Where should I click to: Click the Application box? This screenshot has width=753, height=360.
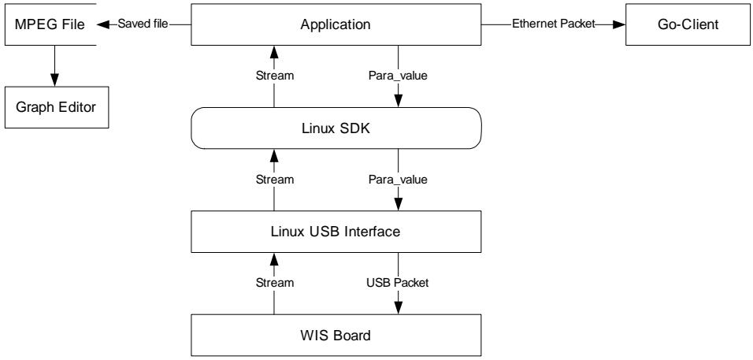pyautogui.click(x=336, y=24)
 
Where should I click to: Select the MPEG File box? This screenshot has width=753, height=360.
pyautogui.click(x=50, y=24)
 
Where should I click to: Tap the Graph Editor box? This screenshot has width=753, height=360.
pyautogui.click(x=56, y=107)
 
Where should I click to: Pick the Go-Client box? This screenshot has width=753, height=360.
pyautogui.click(x=688, y=24)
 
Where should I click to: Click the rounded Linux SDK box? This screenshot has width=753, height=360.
pyautogui.click(x=336, y=128)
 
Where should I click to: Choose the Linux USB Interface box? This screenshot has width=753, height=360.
pyautogui.click(x=336, y=232)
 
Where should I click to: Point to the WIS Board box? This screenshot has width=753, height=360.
pyautogui.click(x=336, y=335)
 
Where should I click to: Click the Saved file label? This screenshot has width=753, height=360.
pyautogui.click(x=143, y=24)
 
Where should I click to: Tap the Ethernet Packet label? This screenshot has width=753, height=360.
pyautogui.click(x=554, y=24)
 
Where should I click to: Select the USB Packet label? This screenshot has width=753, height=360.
pyautogui.click(x=398, y=283)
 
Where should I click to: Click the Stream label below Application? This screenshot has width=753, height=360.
pyautogui.click(x=274, y=76)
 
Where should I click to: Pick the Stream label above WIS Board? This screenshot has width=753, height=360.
pyautogui.click(x=274, y=283)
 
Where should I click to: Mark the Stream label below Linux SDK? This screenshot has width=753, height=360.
pyautogui.click(x=274, y=180)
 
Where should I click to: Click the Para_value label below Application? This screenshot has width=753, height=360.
pyautogui.click(x=398, y=76)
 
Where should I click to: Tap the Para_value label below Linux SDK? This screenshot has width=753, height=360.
pyautogui.click(x=398, y=180)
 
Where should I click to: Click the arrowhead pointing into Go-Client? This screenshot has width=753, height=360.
pyautogui.click(x=619, y=24)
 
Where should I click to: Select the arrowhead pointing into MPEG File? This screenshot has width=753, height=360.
pyautogui.click(x=102, y=24)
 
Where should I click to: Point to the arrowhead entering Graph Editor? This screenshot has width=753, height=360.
pyautogui.click(x=54, y=80)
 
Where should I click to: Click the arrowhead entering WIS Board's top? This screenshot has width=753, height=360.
pyautogui.click(x=398, y=308)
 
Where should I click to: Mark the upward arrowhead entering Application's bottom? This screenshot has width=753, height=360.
pyautogui.click(x=274, y=52)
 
